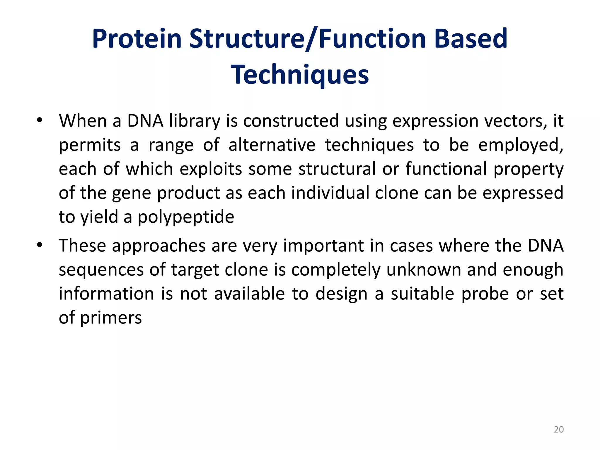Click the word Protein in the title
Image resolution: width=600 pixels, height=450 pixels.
[x=137, y=39]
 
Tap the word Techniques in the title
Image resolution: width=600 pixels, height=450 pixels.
[x=300, y=75]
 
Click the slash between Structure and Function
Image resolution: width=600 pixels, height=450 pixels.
[x=311, y=39]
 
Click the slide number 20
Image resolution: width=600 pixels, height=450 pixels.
[x=559, y=429]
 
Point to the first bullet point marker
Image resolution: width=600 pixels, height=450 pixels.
[x=40, y=120]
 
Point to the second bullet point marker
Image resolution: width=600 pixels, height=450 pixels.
[x=40, y=245]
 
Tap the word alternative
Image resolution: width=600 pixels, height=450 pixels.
[x=272, y=145]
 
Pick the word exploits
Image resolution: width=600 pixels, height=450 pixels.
[x=211, y=169]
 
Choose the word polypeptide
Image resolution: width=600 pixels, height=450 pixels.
[x=186, y=217]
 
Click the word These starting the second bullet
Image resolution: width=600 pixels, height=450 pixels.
[x=82, y=246]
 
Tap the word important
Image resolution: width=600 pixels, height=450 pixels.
[x=323, y=246]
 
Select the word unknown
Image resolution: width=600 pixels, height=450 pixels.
[x=424, y=270]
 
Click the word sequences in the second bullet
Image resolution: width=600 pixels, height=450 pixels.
[x=101, y=270]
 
